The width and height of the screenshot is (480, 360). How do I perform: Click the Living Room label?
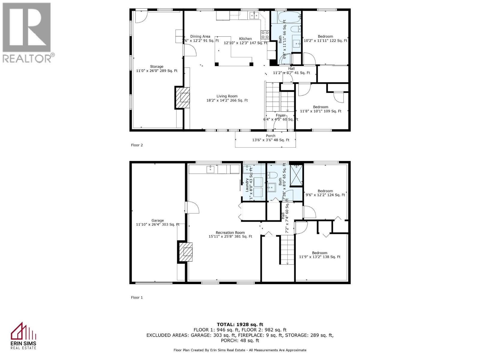point(227,98)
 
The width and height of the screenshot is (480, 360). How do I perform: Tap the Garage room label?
point(157,222)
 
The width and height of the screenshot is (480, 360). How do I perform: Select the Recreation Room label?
point(230,234)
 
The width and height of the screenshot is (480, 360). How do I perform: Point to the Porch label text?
point(270,138)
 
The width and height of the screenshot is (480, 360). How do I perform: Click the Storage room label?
point(157,69)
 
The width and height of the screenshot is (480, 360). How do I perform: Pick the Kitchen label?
point(245,40)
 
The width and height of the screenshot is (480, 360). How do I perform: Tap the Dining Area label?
point(200,38)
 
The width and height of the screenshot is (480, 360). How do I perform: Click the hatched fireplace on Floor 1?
point(186,252)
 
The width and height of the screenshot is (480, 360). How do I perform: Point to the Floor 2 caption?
point(137,145)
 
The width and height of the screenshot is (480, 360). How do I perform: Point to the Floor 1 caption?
point(137,298)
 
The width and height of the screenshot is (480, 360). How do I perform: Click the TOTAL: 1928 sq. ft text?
point(240,324)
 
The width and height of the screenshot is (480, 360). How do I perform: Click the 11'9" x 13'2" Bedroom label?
point(319,255)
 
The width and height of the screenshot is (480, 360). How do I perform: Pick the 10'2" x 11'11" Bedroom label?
point(325,38)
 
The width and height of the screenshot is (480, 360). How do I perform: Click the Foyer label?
point(280,117)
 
